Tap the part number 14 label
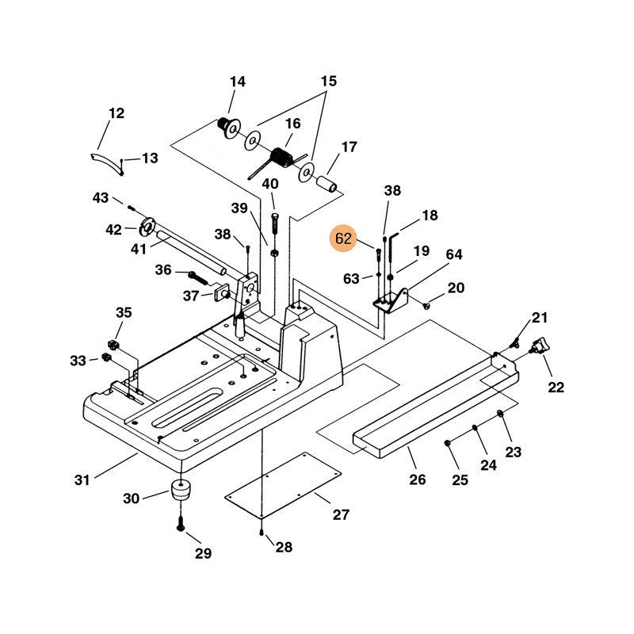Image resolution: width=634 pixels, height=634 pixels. click(238, 82)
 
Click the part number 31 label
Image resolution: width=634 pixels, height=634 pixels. click(83, 479)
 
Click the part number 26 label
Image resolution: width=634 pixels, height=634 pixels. click(418, 479)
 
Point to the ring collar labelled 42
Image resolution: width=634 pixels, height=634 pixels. click(147, 227)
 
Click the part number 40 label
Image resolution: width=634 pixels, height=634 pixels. click(270, 184)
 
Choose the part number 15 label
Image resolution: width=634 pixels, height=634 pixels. click(329, 81)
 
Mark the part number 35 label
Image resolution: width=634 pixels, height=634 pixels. click(124, 311)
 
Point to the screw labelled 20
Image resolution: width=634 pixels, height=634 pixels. click(427, 303)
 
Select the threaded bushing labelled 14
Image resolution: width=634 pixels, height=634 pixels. click(231, 125)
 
